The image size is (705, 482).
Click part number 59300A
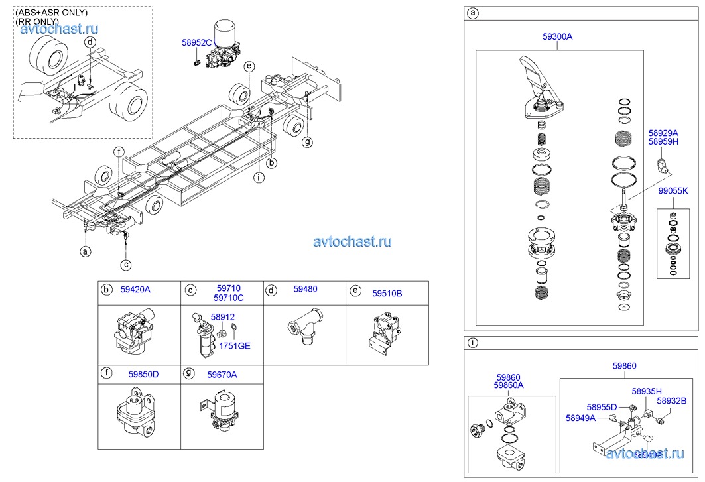(557, 38)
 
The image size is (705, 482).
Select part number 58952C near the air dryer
(196, 43)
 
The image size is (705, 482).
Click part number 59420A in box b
(135, 290)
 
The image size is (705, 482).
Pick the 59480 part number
(305, 289)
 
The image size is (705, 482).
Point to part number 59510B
(387, 292)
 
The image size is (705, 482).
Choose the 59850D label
(143, 375)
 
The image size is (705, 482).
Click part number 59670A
(222, 375)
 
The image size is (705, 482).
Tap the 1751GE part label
(235, 346)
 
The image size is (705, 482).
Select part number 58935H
(647, 391)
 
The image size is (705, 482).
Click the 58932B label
(672, 400)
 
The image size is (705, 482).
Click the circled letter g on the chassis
(306, 142)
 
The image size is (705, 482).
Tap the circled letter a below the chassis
(85, 251)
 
